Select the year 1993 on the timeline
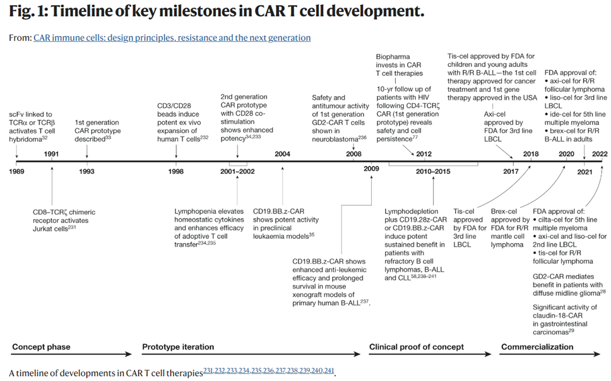click(86, 171)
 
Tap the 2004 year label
click(282, 154)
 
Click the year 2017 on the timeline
click(511, 171)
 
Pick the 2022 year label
click(599, 154)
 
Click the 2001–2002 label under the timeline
click(237, 171)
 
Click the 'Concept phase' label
click(41, 347)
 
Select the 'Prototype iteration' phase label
click(178, 347)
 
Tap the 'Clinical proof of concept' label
click(417, 347)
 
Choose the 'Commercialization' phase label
click(537, 347)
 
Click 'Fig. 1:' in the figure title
click(28, 13)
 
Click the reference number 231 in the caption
click(209, 371)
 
